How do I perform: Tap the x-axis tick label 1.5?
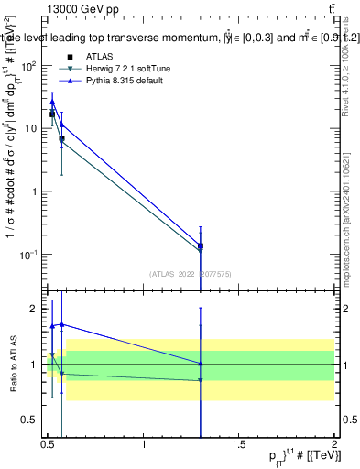(x=240, y=445)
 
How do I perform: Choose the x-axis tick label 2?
(x=335, y=445)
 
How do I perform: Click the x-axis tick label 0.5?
(x=49, y=445)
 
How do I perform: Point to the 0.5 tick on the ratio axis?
(x=30, y=420)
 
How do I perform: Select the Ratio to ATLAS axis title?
(x=12, y=364)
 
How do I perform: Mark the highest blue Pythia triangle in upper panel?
(x=52, y=103)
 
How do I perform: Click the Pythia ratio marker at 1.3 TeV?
(x=201, y=364)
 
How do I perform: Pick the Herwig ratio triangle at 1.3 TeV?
(x=201, y=380)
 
